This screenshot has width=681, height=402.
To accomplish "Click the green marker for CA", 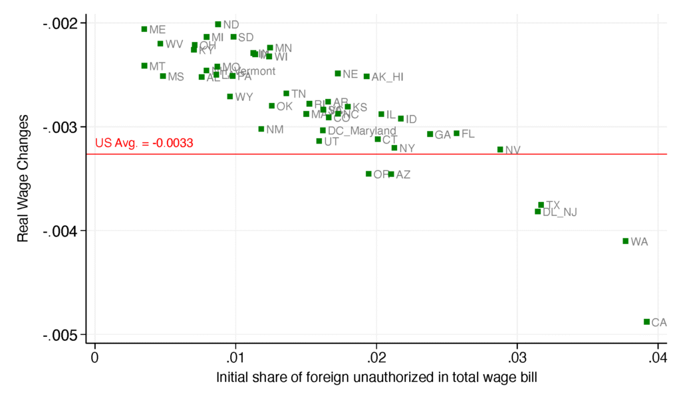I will pyautogui.click(x=646, y=322).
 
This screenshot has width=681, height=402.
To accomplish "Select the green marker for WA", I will pyautogui.click(x=625, y=241).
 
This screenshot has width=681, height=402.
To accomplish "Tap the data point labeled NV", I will pyautogui.click(x=500, y=150).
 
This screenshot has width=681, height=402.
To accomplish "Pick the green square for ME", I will pyautogui.click(x=144, y=29).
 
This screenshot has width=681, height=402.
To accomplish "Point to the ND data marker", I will pyautogui.click(x=218, y=25).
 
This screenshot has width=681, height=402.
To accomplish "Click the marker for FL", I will pyautogui.click(x=456, y=134).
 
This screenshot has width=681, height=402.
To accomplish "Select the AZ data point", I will pyautogui.click(x=391, y=174).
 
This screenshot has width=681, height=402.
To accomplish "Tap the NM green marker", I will pyautogui.click(x=261, y=129).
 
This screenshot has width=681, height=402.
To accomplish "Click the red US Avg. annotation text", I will pyautogui.click(x=144, y=143).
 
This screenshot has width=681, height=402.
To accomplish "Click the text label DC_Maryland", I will pyautogui.click(x=362, y=131).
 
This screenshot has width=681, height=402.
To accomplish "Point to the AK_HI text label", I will pyautogui.click(x=387, y=77).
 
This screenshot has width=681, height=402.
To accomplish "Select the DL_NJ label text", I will pyautogui.click(x=559, y=213).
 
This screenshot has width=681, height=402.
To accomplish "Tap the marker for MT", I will pyautogui.click(x=144, y=66).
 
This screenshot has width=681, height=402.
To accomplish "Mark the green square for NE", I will pyautogui.click(x=338, y=73).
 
